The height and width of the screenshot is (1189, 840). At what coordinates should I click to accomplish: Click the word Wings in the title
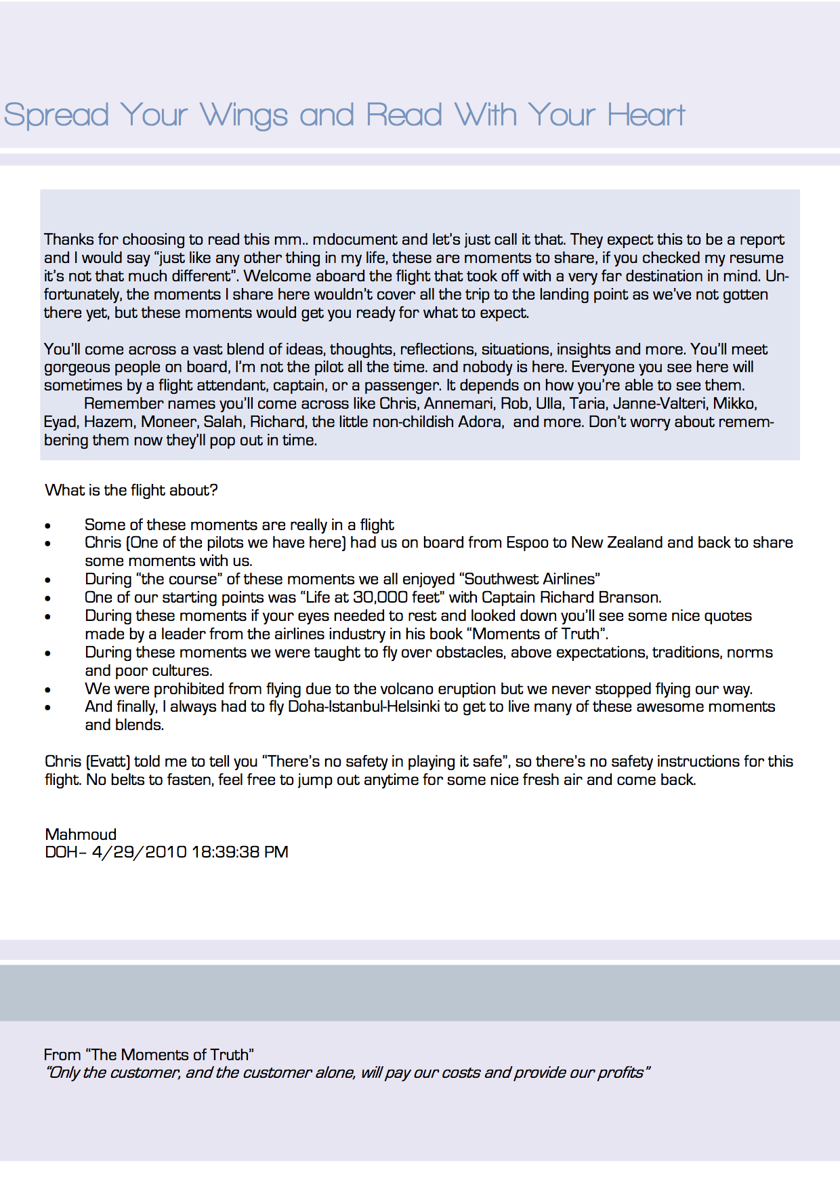point(244,115)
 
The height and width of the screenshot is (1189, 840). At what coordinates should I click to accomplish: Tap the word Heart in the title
point(646,115)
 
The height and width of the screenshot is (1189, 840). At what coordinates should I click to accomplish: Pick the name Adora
point(480,422)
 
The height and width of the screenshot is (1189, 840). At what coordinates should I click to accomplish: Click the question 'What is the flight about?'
point(131,490)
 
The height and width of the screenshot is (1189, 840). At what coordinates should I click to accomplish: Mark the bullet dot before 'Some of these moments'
point(48,526)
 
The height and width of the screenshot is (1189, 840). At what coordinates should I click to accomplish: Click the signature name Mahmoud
point(81,834)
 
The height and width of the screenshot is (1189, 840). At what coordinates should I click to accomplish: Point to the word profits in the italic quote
point(621,1073)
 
